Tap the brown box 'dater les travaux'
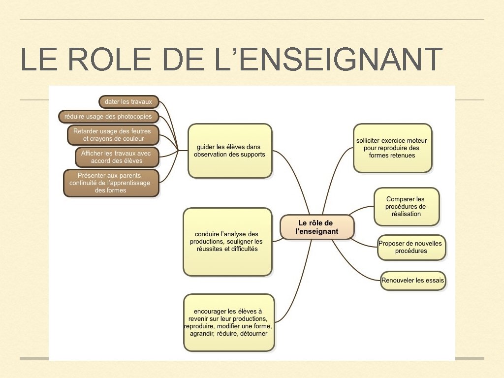coord(128,102)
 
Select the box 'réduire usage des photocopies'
coord(108,117)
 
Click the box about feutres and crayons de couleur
coord(113,135)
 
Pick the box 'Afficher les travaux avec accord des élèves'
coord(117,157)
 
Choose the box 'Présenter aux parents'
coord(111,183)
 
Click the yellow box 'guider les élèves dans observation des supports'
coord(230,151)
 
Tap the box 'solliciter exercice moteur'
coord(392,148)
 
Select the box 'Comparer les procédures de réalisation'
coord(406,207)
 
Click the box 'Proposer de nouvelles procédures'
coord(411,247)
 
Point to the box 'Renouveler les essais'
coord(412,281)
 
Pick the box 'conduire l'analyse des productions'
coord(227,242)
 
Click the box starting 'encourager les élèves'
coord(228,322)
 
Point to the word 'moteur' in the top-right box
coord(416,141)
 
